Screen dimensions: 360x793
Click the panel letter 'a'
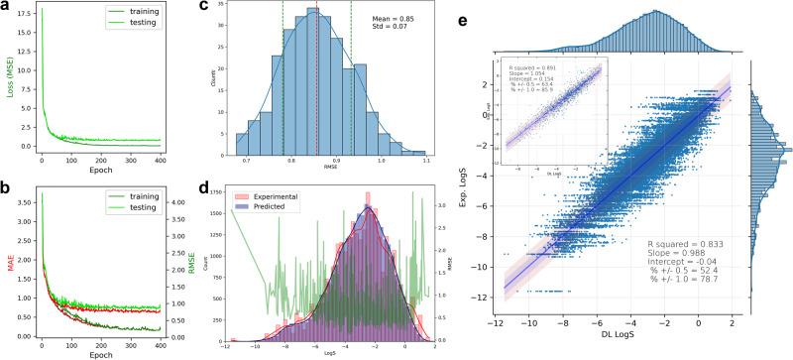click(x=7, y=8)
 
